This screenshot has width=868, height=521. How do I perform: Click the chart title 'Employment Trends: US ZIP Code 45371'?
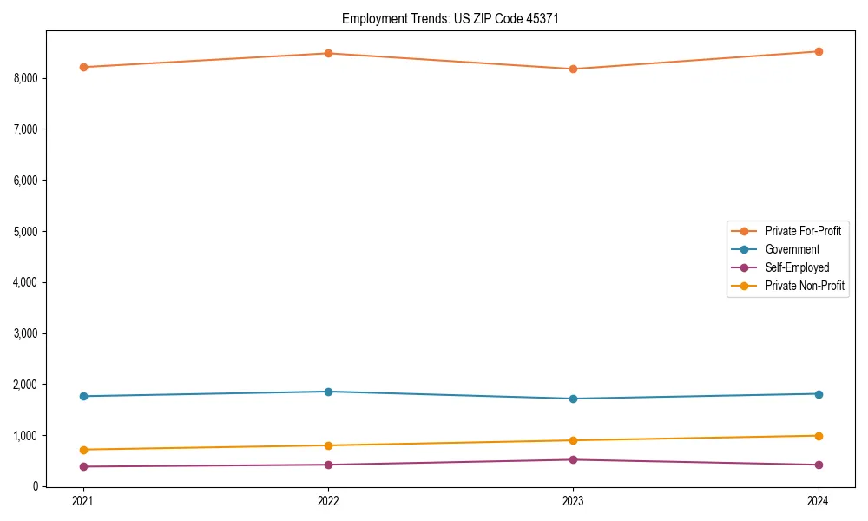[x=444, y=18]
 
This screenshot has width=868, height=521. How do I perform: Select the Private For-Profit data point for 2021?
[x=83, y=67]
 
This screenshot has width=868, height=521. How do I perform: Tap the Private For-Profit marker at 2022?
[x=328, y=53]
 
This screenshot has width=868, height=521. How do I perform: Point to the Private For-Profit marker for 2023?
[x=573, y=69]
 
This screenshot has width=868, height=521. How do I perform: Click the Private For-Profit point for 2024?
[x=818, y=51]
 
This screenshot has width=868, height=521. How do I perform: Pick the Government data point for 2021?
[x=83, y=396]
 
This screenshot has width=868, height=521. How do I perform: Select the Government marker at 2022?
[x=328, y=392]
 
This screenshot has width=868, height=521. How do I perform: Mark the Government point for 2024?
[x=818, y=394]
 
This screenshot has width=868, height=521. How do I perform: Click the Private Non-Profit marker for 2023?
[x=573, y=440]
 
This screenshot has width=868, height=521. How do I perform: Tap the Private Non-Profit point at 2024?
[x=818, y=436]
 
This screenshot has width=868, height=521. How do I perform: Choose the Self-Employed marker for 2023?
[x=573, y=459]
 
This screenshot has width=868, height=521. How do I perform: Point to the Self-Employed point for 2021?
[x=83, y=466]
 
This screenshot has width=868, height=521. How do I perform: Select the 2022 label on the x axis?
[x=328, y=501]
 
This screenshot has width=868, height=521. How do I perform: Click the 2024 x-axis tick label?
[x=818, y=501]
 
